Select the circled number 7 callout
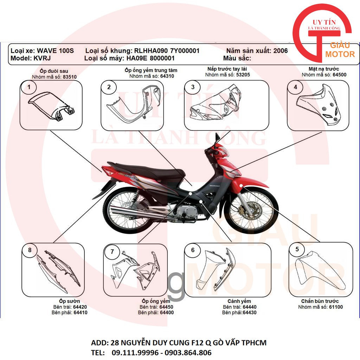(112, 251)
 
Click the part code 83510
(70, 77)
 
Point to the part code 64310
(167, 76)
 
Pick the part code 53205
(243, 75)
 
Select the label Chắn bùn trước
(320, 301)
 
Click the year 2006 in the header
(280, 51)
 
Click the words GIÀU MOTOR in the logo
(340, 50)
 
